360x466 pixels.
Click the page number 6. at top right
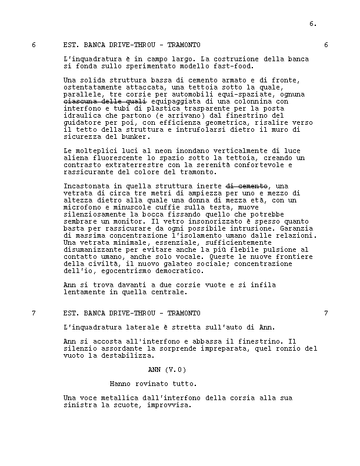tap(313, 24)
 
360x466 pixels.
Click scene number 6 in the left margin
tap(34, 45)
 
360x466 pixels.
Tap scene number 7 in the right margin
tap(326, 313)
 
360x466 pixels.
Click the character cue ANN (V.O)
tap(167, 370)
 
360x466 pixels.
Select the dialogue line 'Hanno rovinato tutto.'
tap(153, 384)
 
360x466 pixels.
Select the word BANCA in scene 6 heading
tap(95, 45)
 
